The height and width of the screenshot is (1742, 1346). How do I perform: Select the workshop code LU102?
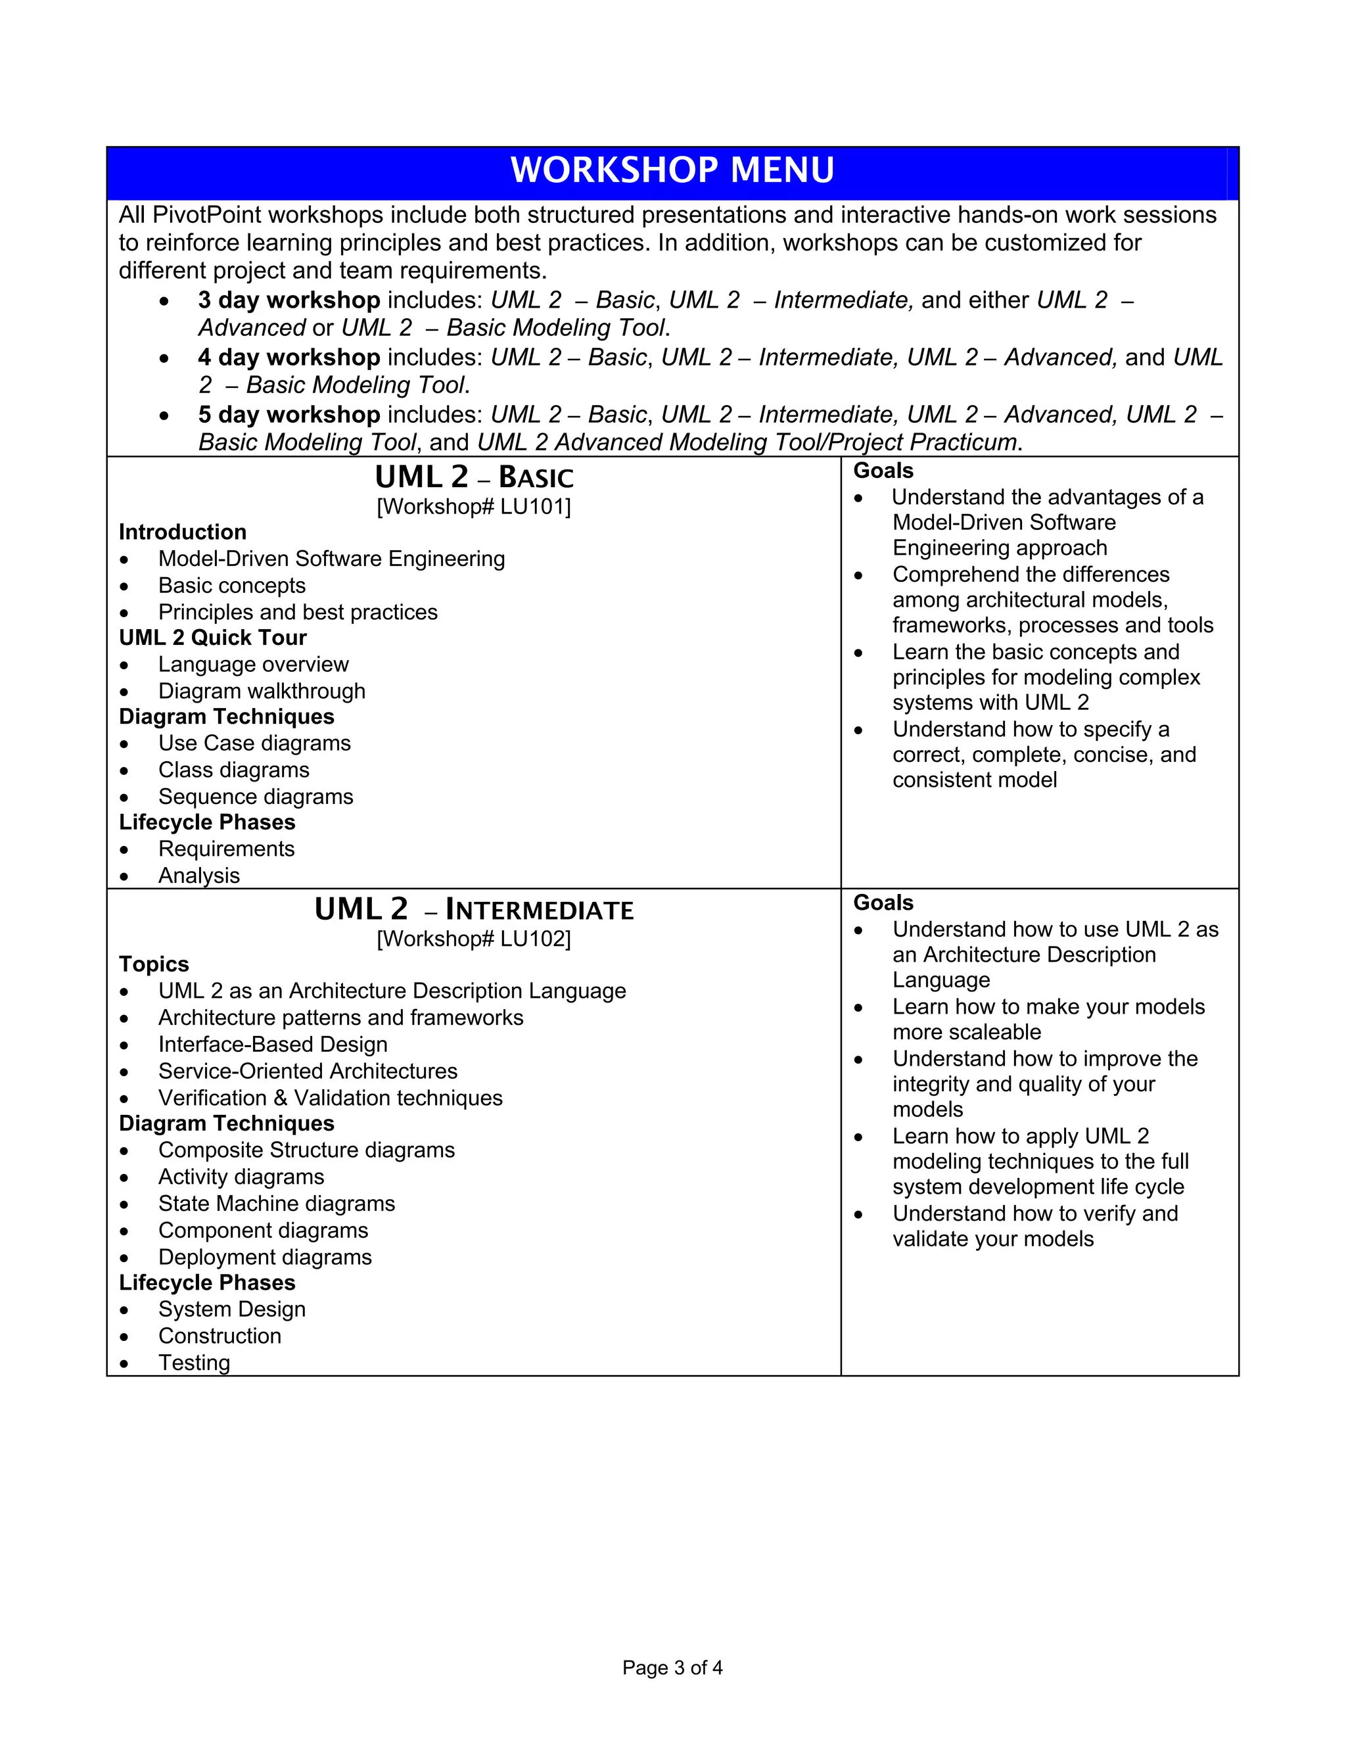[532, 939]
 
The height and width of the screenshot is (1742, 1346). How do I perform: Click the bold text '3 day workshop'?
[289, 300]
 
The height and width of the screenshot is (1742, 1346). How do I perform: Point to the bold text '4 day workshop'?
[289, 358]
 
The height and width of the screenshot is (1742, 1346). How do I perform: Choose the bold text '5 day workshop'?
[289, 415]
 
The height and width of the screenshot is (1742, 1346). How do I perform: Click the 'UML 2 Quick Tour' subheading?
[212, 638]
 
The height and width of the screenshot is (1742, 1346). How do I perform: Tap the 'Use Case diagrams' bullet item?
[254, 743]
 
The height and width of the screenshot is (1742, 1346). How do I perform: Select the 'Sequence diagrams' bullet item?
[255, 797]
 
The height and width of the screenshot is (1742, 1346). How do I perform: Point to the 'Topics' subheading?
[154, 964]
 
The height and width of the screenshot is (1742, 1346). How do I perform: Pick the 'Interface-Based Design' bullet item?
[273, 1045]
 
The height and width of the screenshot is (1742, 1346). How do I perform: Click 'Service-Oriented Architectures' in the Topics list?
[308, 1071]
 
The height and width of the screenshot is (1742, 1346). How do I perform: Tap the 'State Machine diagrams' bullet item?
[277, 1204]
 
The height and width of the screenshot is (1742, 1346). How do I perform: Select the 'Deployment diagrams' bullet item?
[265, 1257]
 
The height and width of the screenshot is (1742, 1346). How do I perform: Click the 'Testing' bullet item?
[194, 1363]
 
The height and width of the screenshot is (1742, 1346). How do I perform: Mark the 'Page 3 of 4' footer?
[672, 1668]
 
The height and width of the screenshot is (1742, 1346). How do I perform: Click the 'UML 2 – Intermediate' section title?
[474, 910]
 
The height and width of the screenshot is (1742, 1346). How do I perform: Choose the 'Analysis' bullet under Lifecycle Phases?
[198, 876]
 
